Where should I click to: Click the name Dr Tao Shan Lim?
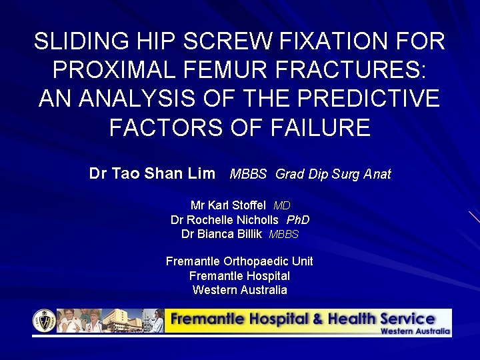tap(152, 174)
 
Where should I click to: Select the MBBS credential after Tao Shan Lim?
tap(248, 175)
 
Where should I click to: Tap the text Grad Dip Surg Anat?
tap(333, 175)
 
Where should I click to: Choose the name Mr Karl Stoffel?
tap(228, 205)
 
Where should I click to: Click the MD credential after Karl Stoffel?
tap(281, 206)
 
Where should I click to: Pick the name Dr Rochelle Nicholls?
tap(224, 220)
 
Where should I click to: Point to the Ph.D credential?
tap(298, 220)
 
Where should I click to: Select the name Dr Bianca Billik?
tap(221, 234)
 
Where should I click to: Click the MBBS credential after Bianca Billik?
tap(283, 235)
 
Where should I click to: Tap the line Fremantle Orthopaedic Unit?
tap(239, 261)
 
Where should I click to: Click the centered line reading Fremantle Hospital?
tap(239, 275)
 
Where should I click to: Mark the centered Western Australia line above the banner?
tap(239, 290)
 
